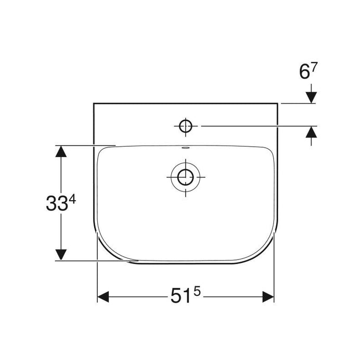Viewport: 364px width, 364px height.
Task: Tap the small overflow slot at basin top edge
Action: coord(186,147)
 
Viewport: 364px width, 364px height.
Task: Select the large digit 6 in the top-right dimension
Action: coord(305,72)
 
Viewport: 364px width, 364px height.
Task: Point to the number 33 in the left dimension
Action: coord(57,203)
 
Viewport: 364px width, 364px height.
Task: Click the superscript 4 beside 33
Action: coord(72,199)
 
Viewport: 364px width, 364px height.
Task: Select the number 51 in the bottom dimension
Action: coord(181,296)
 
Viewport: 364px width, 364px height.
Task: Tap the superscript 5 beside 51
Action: coord(197,292)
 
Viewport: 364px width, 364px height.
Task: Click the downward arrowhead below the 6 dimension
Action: coord(311,98)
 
